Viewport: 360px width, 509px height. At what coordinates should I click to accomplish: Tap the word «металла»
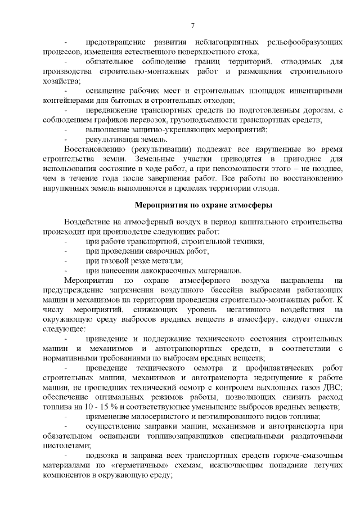click(167, 260)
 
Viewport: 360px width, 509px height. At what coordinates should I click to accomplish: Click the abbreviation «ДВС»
click(331, 388)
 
